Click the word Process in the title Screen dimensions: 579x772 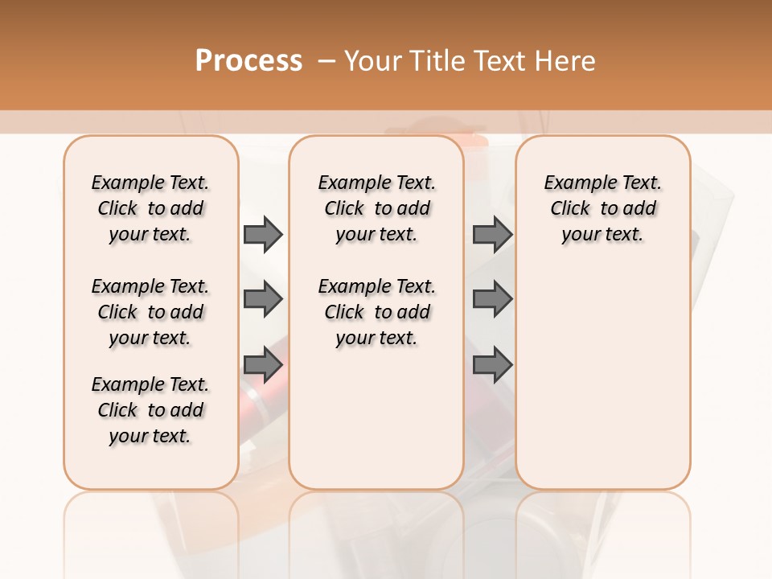(248, 61)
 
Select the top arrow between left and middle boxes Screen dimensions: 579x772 (262, 234)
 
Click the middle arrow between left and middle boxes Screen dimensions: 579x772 (262, 300)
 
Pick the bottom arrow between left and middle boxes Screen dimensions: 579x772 (262, 364)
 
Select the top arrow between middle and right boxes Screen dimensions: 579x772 (491, 234)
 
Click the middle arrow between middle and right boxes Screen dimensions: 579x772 (491, 300)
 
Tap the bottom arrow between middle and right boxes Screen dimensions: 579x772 (491, 364)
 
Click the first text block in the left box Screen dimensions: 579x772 (150, 208)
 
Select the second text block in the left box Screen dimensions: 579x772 (150, 312)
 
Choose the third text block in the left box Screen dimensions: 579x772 (150, 410)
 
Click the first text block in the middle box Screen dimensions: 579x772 (376, 208)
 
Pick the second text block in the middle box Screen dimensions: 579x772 (376, 312)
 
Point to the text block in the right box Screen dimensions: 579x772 (602, 208)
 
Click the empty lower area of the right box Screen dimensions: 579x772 (602, 386)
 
